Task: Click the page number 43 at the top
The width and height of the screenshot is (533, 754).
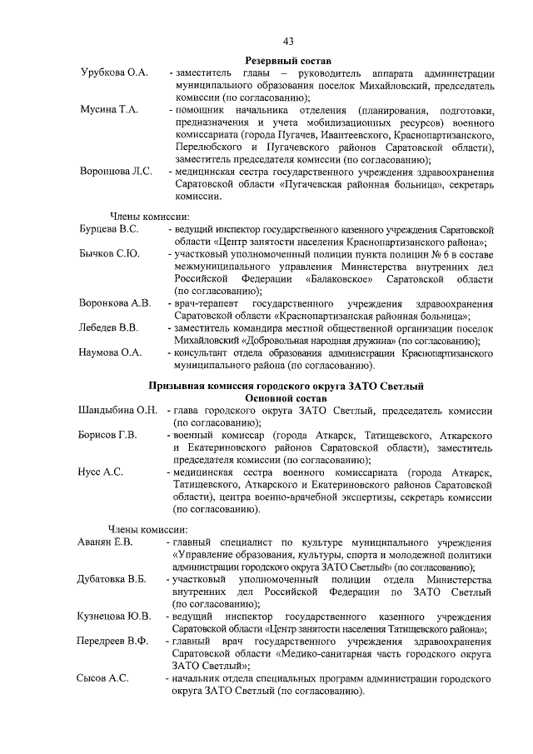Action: [287, 41]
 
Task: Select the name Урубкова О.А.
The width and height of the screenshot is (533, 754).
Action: [114, 74]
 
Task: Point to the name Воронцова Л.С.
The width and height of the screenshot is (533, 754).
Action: [116, 172]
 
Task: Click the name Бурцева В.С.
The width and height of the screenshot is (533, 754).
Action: [109, 227]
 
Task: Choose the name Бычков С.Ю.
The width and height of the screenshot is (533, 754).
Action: [109, 252]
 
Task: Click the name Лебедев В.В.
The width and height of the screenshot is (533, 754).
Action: [108, 327]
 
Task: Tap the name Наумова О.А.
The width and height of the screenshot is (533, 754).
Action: [111, 352]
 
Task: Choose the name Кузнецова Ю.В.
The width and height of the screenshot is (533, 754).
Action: [115, 617]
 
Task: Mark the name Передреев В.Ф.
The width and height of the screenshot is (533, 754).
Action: [115, 642]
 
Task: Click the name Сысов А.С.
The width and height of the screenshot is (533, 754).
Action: [104, 678]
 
